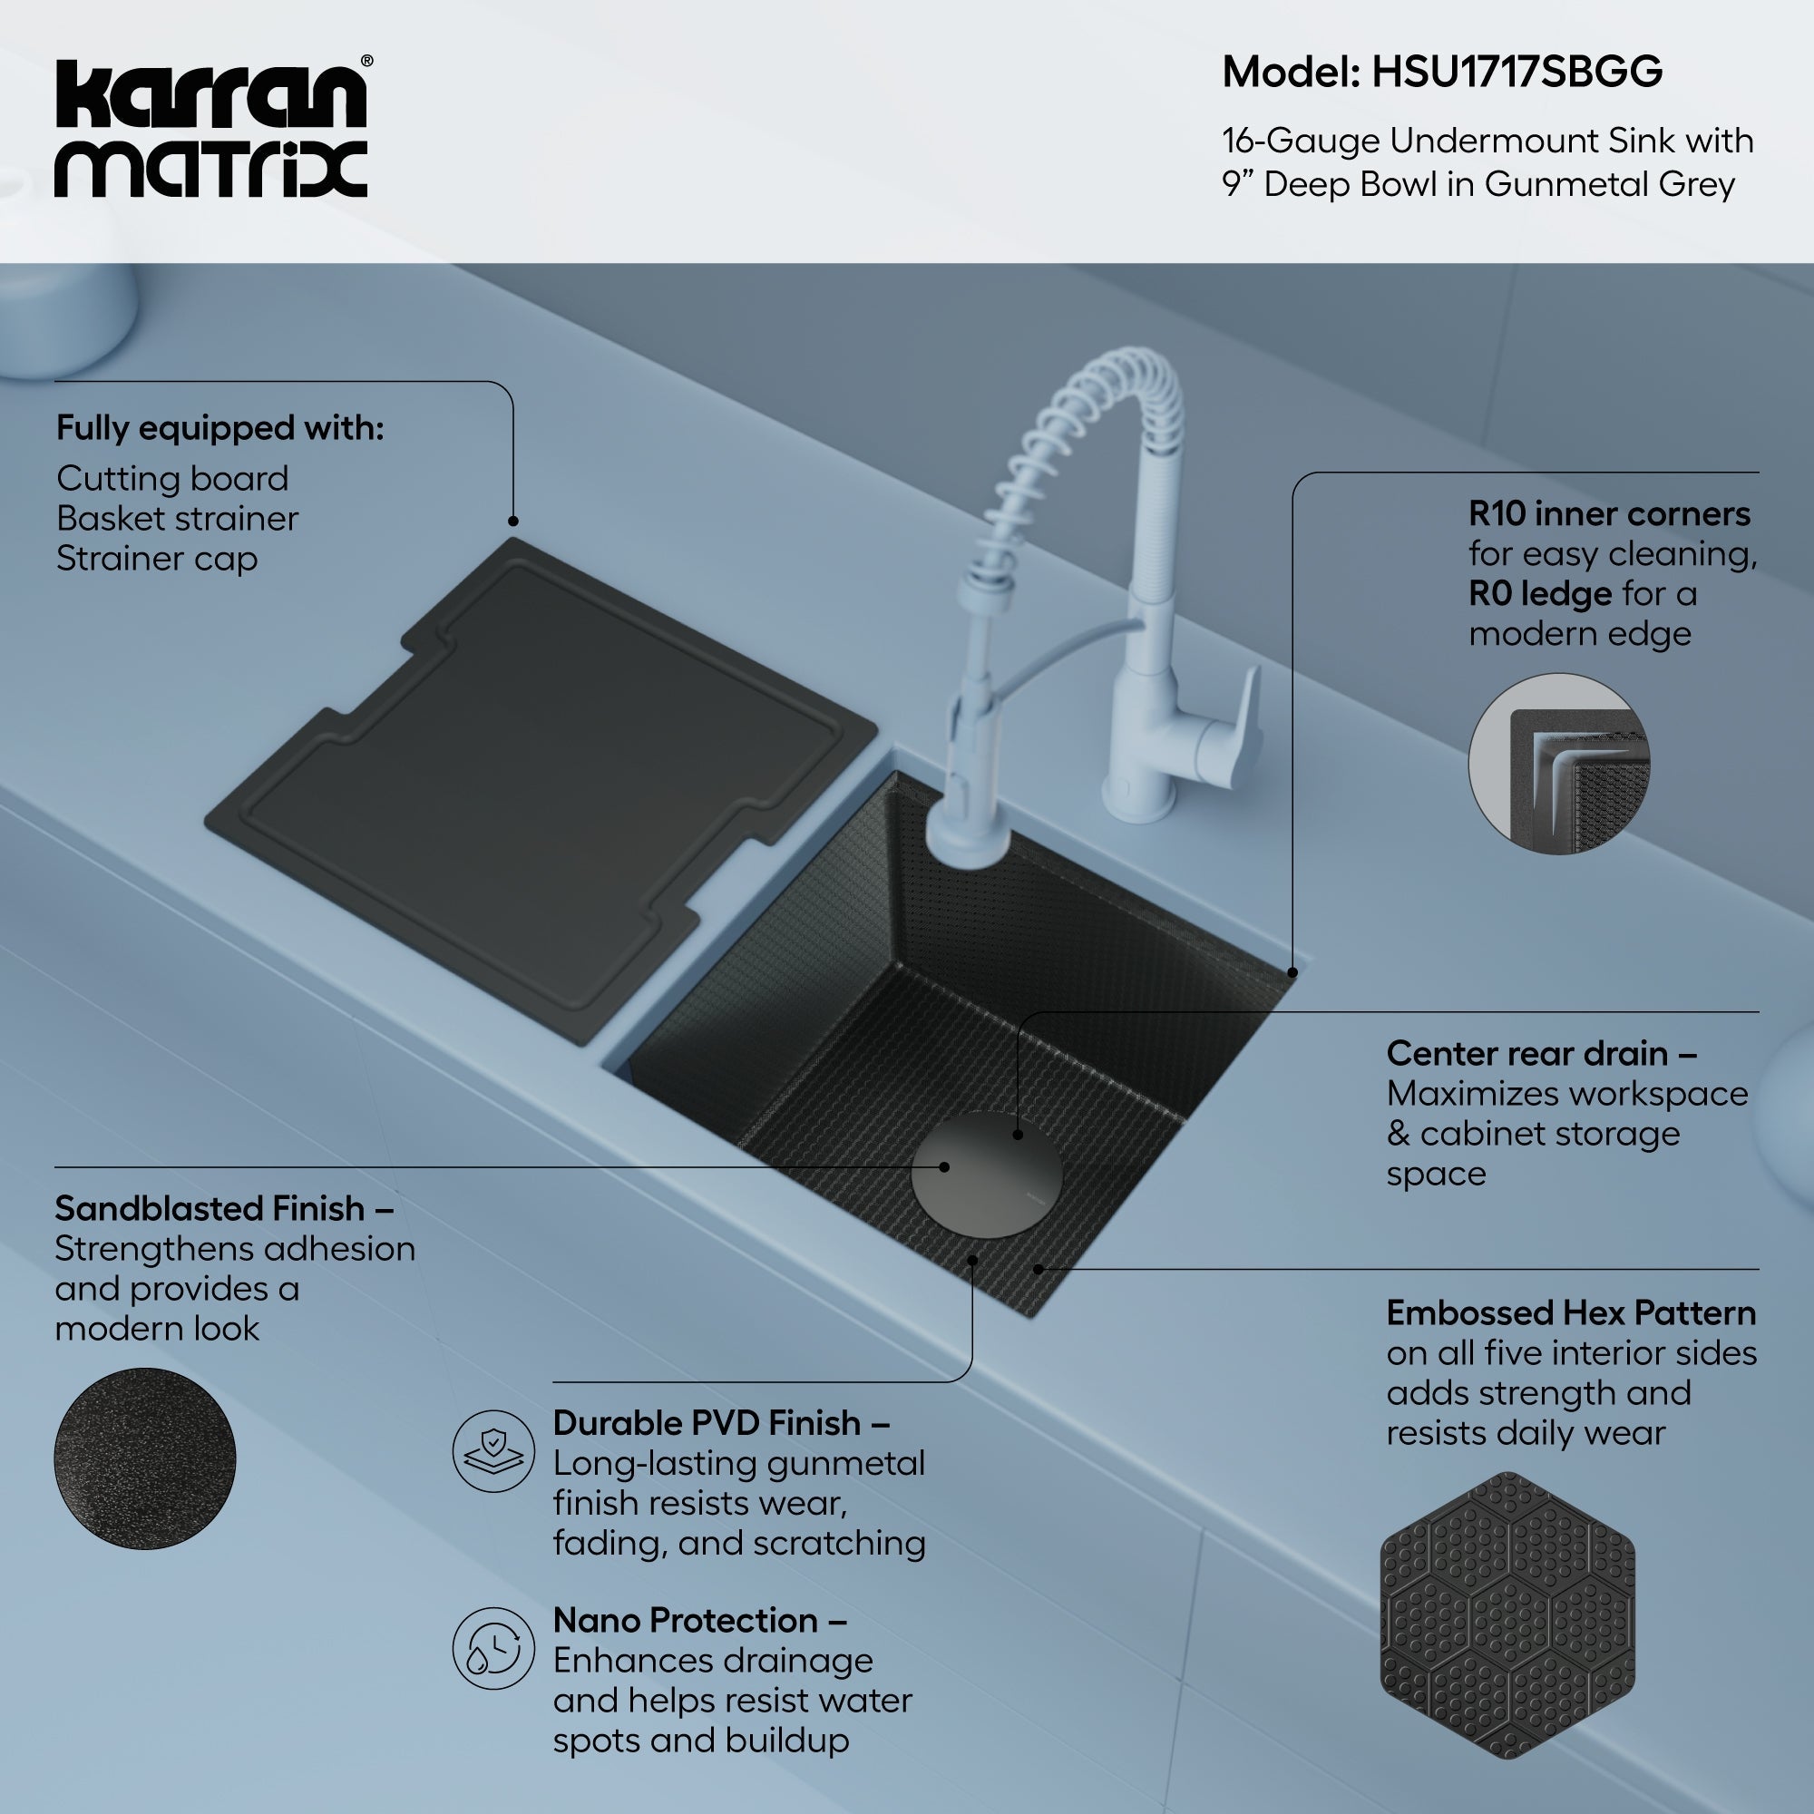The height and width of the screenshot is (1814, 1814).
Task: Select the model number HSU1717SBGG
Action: pos(1517,73)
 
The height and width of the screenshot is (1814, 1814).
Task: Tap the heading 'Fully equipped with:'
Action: pos(219,428)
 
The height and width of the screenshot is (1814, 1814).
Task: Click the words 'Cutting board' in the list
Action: pos(171,479)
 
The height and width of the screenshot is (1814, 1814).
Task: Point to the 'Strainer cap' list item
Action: pos(157,559)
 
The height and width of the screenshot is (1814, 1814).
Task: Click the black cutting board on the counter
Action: pos(540,791)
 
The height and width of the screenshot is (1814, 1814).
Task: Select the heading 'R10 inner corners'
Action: pos(1609,513)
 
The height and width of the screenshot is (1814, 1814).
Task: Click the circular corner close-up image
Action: pos(1558,764)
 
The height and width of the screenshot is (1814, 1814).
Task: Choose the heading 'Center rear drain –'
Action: pos(1542,1053)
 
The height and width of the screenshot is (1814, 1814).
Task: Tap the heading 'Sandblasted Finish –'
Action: pos(223,1208)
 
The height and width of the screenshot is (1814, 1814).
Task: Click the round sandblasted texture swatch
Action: pos(144,1458)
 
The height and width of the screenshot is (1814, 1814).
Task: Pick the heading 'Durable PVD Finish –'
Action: pos(721,1422)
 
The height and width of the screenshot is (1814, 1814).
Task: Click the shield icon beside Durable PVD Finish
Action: pos(494,1450)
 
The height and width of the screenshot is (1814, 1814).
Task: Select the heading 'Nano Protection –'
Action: pos(699,1620)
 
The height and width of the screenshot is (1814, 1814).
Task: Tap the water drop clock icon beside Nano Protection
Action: pos(494,1649)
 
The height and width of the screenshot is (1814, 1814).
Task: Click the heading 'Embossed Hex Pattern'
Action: pos(1571,1312)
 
